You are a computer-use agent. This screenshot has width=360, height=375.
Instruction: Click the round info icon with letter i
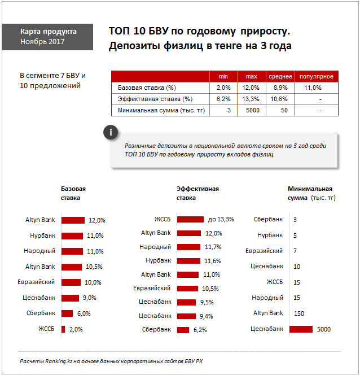pyautogui.click(x=111, y=132)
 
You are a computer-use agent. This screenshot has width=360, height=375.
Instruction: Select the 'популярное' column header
pyautogui.click(x=317, y=77)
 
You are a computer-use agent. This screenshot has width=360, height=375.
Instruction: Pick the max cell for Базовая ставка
pyautogui.click(x=251, y=88)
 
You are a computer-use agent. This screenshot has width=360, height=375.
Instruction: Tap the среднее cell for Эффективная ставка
pyautogui.click(x=279, y=99)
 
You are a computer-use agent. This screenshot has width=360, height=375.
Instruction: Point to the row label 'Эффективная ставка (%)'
pyautogui.click(x=155, y=99)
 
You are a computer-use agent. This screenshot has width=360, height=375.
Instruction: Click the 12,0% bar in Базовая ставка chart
pyautogui.click(x=73, y=220)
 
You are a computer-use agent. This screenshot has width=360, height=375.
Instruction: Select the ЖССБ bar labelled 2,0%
pyautogui.click(x=63, y=329)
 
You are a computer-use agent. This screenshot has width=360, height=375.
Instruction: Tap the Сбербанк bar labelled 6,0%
pyautogui.click(x=67, y=313)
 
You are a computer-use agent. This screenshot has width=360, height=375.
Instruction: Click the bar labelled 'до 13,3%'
pyautogui.click(x=190, y=219)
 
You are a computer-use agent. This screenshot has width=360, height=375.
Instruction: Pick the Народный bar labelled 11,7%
pyautogui.click(x=188, y=247)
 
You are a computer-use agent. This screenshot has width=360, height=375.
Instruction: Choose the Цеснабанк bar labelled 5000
pyautogui.click(x=301, y=329)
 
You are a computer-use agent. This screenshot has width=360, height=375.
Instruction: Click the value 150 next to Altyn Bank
pyautogui.click(x=299, y=313)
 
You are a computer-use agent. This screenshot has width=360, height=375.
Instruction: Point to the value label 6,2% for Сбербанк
pyautogui.click(x=200, y=330)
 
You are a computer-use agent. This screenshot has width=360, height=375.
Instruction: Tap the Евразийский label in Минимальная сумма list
pyautogui.click(x=264, y=251)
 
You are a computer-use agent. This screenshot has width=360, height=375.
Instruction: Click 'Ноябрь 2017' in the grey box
pyautogui.click(x=42, y=42)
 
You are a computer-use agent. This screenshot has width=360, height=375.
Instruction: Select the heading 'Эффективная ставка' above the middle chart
pyautogui.click(x=197, y=193)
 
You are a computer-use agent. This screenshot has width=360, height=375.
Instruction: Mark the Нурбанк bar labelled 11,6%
pyautogui.click(x=188, y=261)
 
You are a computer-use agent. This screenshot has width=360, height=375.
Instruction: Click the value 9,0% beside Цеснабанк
pyautogui.click(x=89, y=298)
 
